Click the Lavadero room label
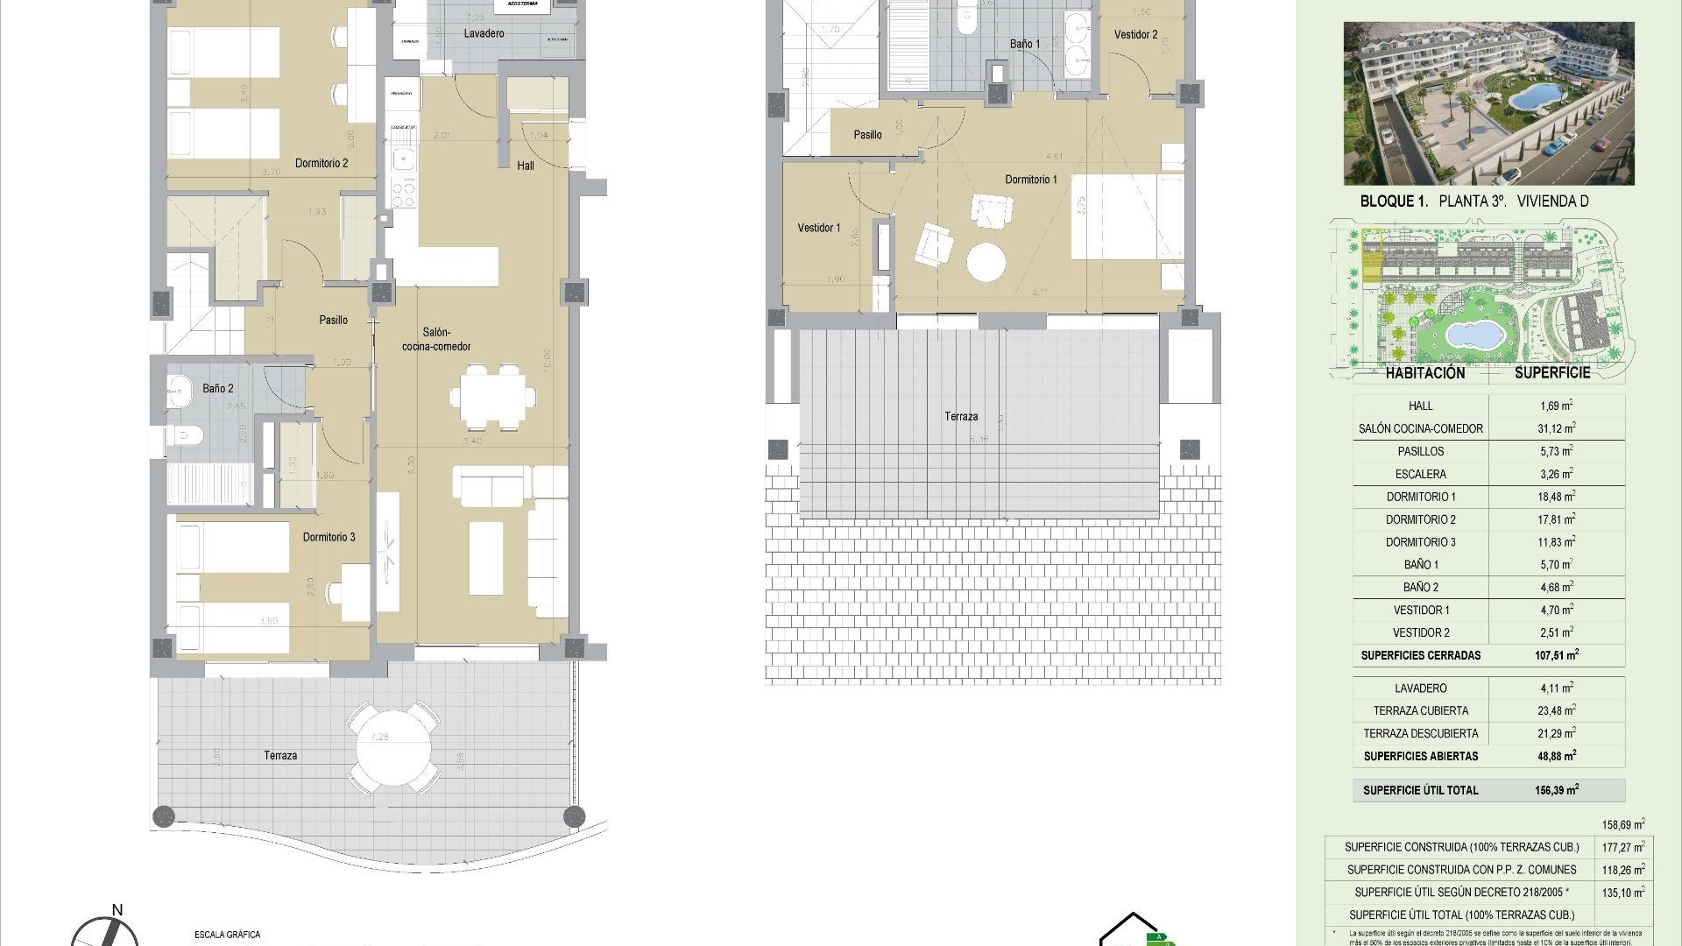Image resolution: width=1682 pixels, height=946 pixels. pyautogui.click(x=484, y=34)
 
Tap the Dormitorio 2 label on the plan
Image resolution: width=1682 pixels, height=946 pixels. pyautogui.click(x=322, y=163)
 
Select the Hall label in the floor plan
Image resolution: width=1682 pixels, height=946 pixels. pyautogui.click(x=526, y=166)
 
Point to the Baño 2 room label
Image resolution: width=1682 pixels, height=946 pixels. pyautogui.click(x=218, y=389)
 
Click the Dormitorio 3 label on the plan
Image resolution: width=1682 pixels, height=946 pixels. pyautogui.click(x=329, y=537)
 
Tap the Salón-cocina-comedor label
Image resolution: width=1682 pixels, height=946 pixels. pyautogui.click(x=436, y=340)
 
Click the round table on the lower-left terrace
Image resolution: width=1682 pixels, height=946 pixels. pyautogui.click(x=393, y=745)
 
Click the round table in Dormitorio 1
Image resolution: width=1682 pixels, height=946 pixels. pyautogui.click(x=987, y=261)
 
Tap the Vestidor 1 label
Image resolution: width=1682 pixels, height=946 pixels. pyautogui.click(x=818, y=228)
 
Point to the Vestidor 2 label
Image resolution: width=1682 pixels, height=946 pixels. pyautogui.click(x=1135, y=35)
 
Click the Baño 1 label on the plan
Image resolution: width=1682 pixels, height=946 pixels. pyautogui.click(x=1025, y=44)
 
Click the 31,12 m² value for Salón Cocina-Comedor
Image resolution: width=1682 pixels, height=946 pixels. pyautogui.click(x=1558, y=428)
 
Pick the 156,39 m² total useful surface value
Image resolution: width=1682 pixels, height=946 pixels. pyautogui.click(x=1557, y=790)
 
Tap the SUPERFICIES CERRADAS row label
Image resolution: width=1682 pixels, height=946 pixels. pyautogui.click(x=1421, y=655)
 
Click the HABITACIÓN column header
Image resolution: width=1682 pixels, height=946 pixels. pyautogui.click(x=1425, y=373)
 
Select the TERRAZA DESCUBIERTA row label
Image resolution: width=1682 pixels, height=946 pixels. pyautogui.click(x=1420, y=733)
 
